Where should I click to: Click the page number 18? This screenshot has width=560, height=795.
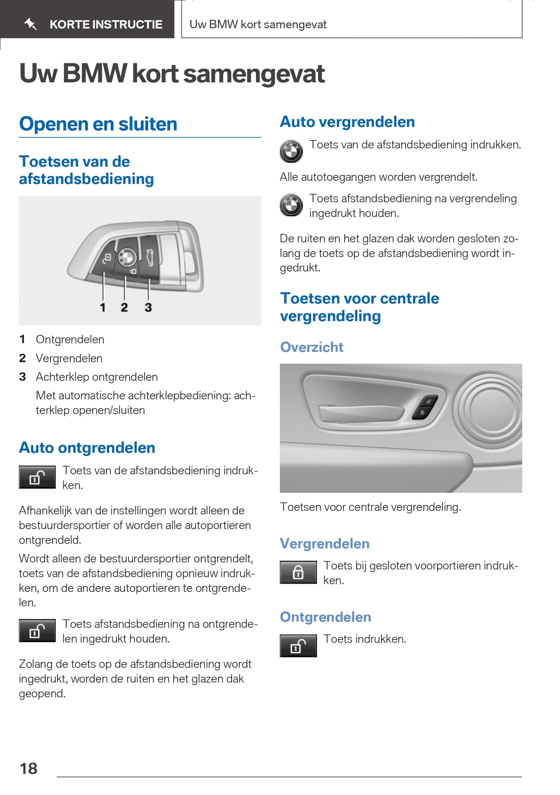(29, 769)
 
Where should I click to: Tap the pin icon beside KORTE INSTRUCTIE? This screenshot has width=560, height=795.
(31, 24)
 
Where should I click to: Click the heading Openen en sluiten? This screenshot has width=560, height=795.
(98, 124)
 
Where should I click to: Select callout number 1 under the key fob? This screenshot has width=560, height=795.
(103, 308)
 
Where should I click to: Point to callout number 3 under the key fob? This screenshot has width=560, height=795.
(148, 308)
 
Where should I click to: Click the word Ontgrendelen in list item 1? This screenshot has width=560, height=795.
(70, 339)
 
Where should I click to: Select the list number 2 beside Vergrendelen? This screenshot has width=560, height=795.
(22, 358)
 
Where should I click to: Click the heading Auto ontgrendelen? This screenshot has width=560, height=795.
(87, 448)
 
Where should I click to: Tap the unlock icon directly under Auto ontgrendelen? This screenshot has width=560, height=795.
(37, 477)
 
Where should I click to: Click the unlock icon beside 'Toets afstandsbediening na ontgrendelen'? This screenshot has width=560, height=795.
(37, 631)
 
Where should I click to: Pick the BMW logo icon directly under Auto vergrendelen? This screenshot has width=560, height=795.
(291, 151)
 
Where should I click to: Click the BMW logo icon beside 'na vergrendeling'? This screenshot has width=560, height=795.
(291, 205)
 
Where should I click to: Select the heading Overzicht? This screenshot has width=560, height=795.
(312, 347)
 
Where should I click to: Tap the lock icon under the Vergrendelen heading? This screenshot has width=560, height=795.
(298, 572)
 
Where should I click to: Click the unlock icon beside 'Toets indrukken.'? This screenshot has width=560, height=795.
(298, 646)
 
